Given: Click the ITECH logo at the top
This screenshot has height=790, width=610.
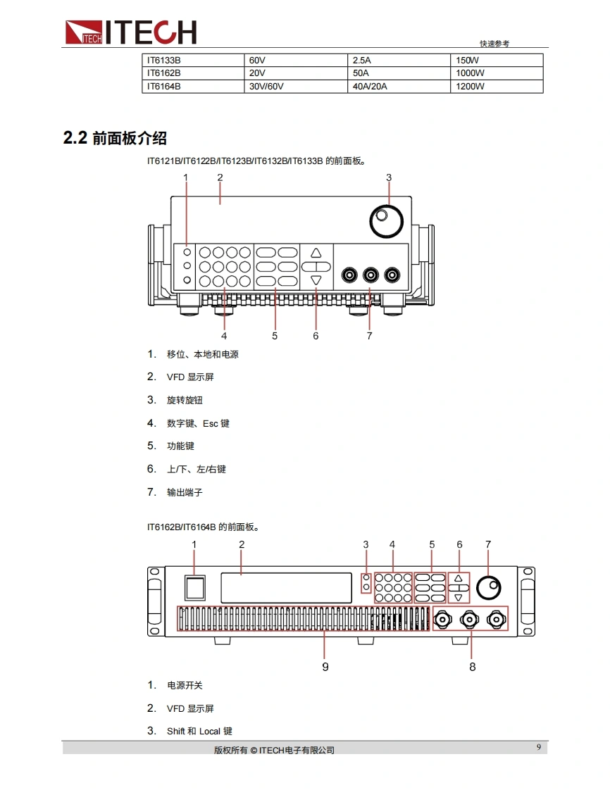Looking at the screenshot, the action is (130, 32).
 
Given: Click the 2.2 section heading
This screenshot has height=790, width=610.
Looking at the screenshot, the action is (115, 137).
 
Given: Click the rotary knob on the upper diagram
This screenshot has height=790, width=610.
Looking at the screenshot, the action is (387, 220).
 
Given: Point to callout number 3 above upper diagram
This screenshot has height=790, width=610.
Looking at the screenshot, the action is (389, 177).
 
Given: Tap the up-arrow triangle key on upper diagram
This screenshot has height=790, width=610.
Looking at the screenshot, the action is (316, 253).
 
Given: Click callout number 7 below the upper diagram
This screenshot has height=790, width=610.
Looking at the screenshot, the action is (370, 336).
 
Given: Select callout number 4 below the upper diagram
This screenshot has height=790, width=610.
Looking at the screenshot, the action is (224, 336).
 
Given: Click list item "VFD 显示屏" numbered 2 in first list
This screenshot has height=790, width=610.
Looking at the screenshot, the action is (190, 377).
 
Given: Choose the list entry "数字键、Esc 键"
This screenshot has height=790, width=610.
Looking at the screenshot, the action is (198, 423).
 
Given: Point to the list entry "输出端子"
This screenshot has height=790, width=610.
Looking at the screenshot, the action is (185, 492).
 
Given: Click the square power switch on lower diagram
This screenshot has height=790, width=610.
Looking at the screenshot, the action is (195, 587).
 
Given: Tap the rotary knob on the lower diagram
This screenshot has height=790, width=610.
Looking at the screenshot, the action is (489, 588).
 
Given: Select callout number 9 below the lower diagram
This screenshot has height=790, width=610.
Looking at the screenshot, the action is (325, 667).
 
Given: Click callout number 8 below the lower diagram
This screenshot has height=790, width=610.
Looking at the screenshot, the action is (473, 667).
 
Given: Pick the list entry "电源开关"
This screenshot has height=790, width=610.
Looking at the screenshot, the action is (185, 685).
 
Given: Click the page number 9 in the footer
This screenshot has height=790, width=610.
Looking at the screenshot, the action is (539, 747).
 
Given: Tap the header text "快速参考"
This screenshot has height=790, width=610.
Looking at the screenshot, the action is (494, 44).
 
